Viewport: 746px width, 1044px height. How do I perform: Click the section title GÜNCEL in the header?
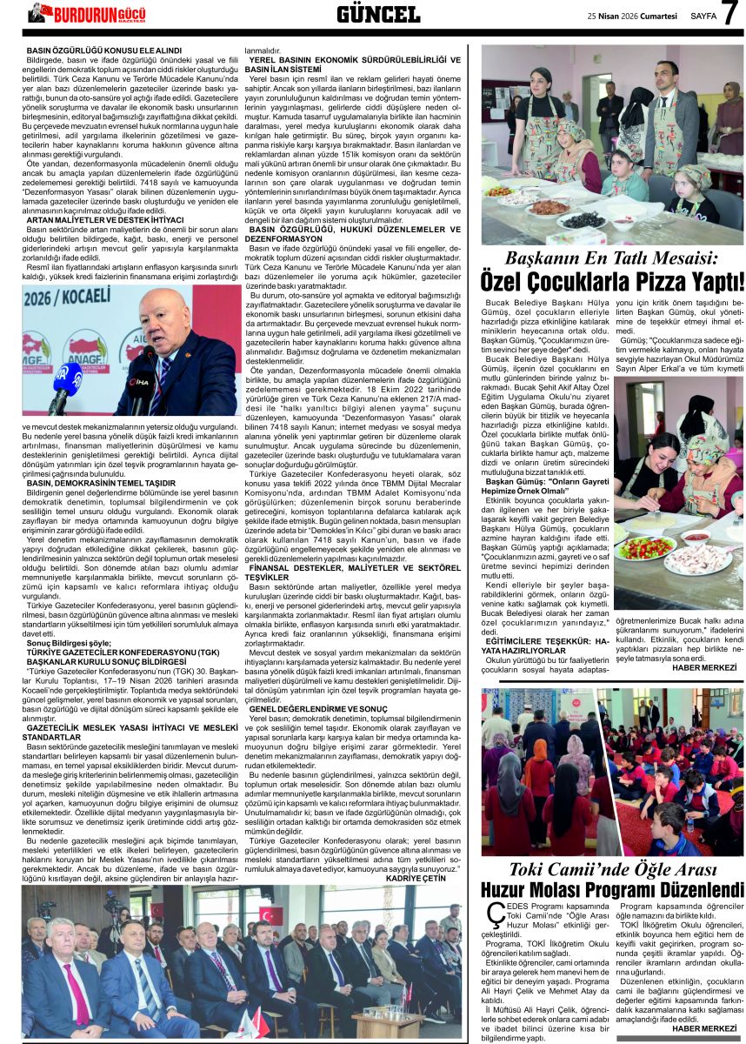(x=378, y=13)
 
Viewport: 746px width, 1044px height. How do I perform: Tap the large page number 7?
(x=729, y=14)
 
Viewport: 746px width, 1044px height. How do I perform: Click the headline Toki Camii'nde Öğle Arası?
(x=612, y=869)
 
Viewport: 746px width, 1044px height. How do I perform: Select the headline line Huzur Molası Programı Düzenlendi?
(x=612, y=890)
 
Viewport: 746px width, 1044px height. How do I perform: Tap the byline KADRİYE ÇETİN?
(x=434, y=879)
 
